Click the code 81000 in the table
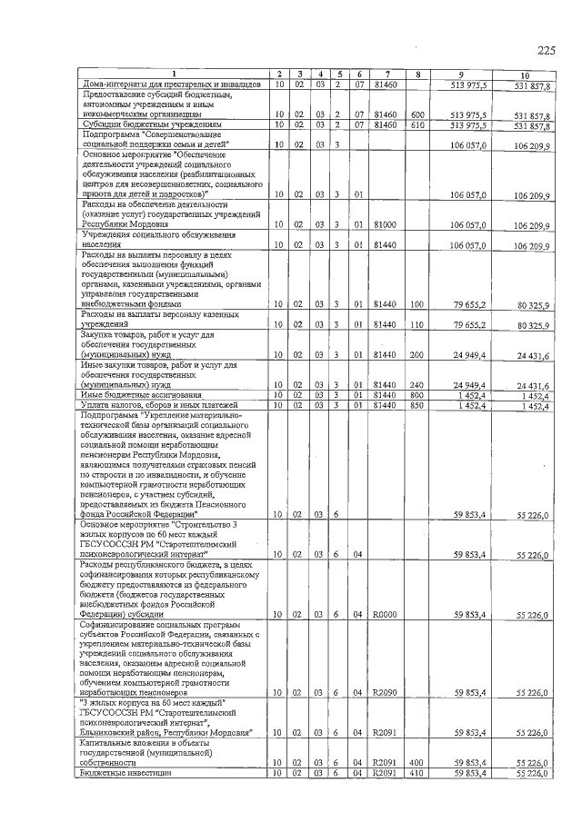coord(385,223)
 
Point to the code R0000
coord(385,615)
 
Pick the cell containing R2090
coord(385,693)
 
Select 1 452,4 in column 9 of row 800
coord(469,395)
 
